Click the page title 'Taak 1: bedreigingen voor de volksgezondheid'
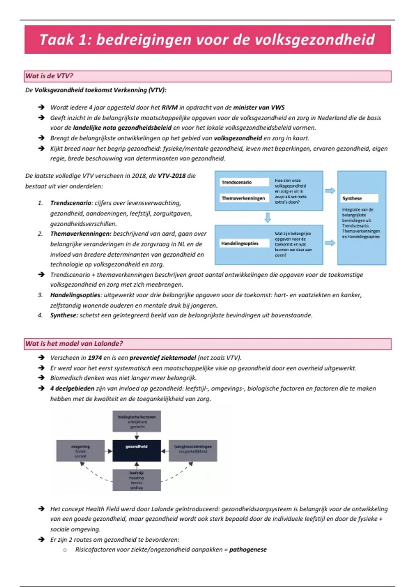(207, 40)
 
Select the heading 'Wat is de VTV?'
(49, 76)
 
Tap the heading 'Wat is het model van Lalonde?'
(74, 344)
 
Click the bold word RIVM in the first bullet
(169, 107)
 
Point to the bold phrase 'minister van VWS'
(259, 107)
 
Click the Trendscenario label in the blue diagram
(237, 182)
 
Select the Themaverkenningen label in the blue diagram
(243, 198)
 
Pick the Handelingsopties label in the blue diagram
(240, 243)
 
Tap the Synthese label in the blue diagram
(352, 198)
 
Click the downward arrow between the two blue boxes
(267, 218)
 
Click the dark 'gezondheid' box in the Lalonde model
(137, 450)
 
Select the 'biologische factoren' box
(137, 421)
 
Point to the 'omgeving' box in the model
(80, 451)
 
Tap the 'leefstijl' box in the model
(137, 480)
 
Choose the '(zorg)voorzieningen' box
(193, 450)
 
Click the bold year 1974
(95, 358)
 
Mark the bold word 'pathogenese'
(248, 549)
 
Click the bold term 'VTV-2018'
(172, 176)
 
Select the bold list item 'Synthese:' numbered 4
(64, 315)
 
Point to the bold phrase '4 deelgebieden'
(72, 388)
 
